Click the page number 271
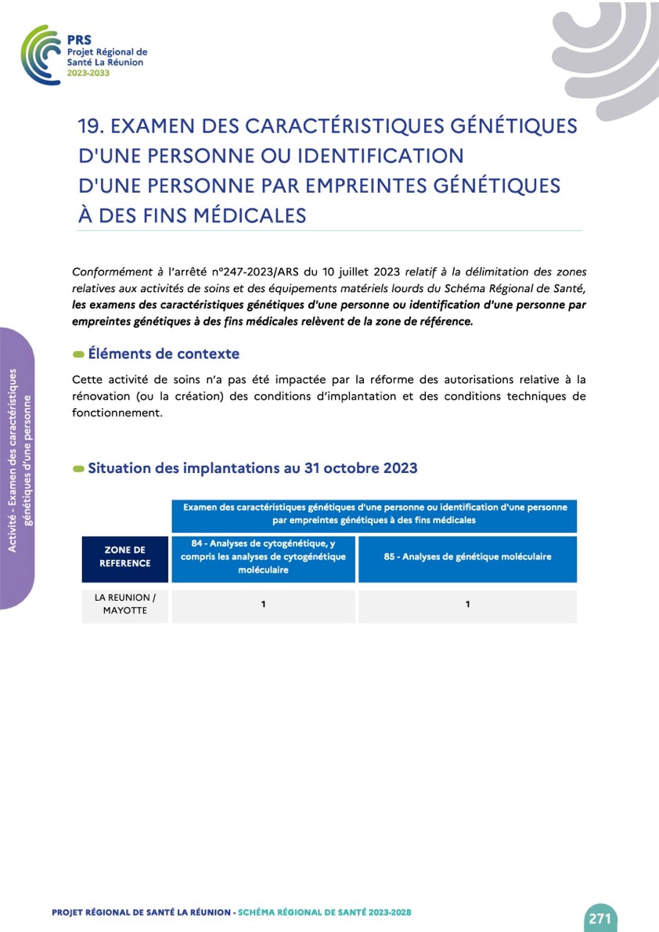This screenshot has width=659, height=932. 600,919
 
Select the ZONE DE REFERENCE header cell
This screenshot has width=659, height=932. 125,557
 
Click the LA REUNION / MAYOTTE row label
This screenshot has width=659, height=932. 125,604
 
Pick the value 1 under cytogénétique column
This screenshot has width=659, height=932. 264,605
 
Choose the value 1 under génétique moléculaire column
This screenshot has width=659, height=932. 467,605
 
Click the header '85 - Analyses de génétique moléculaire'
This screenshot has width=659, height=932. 467,557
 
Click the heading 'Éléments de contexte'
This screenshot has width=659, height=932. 164,354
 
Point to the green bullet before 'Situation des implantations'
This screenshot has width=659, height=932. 78,469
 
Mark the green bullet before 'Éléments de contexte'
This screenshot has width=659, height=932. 78,355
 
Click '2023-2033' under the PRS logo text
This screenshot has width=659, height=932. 88,72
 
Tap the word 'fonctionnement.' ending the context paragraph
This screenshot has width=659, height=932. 117,414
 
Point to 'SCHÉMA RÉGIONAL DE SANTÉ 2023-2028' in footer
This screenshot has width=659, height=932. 325,912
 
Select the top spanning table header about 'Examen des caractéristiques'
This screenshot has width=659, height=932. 374,513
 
